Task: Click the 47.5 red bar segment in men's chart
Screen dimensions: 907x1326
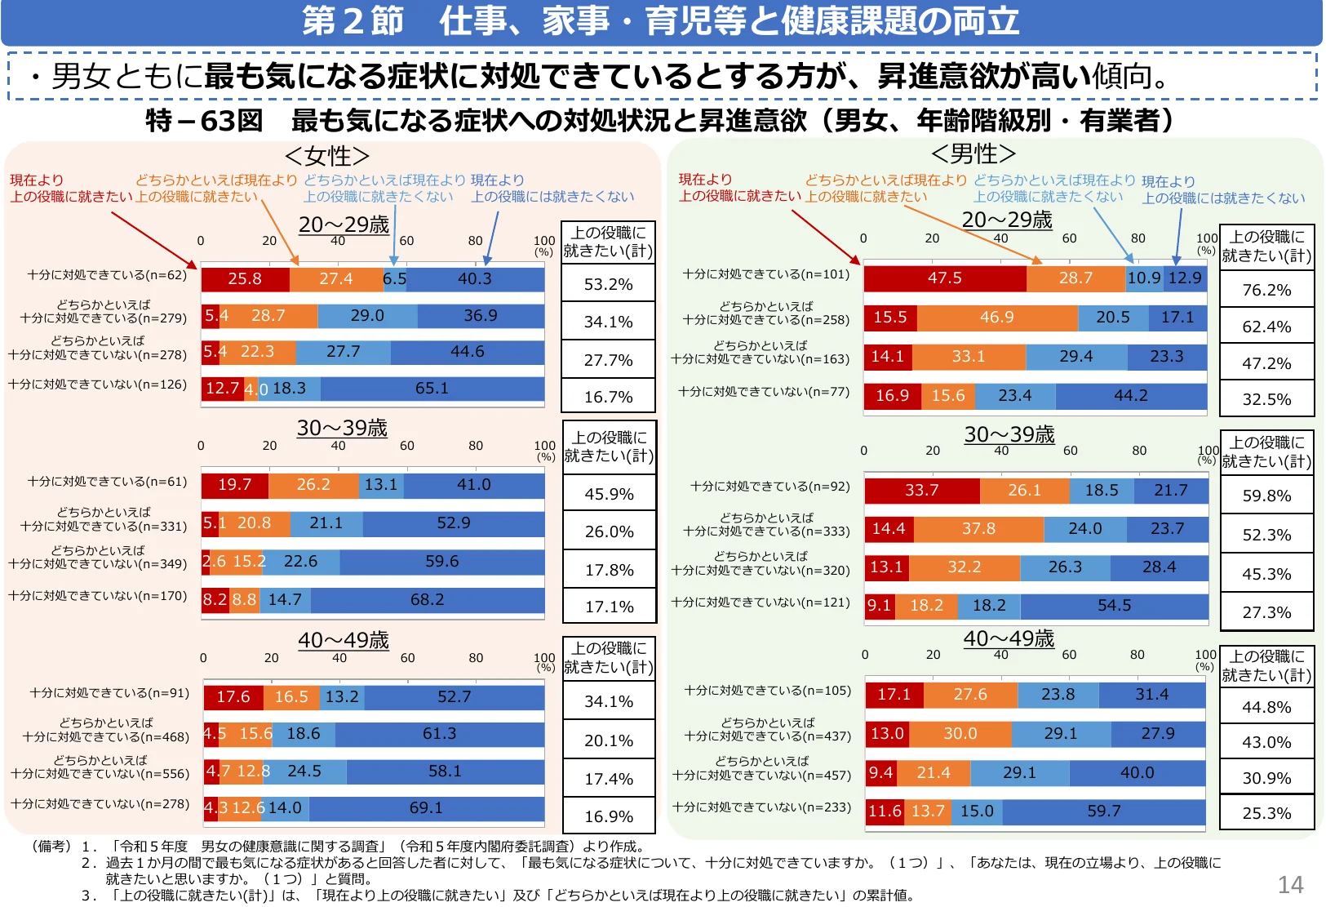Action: [944, 278]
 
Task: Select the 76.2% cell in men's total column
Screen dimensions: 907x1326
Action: [1266, 290]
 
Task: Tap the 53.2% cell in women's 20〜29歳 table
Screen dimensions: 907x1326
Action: [608, 284]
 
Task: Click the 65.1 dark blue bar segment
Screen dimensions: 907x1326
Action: [432, 389]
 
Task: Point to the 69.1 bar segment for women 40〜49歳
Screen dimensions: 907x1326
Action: [426, 808]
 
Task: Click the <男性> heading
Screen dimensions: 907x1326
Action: [973, 153]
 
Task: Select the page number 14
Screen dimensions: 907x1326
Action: [1290, 885]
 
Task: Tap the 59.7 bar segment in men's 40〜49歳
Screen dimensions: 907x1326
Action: [1103, 811]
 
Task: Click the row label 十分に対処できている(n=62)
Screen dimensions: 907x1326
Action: [107, 275]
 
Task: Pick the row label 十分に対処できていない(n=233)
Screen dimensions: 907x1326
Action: [761, 807]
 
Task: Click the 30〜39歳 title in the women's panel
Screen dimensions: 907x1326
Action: [342, 429]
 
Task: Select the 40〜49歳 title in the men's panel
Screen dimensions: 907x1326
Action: [1009, 639]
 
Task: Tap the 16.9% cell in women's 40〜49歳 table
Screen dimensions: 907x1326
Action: [609, 816]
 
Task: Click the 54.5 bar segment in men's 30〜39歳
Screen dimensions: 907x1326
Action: [1114, 606]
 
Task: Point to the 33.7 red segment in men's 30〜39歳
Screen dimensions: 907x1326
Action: [921, 491]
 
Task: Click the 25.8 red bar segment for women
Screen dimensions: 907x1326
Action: [245, 279]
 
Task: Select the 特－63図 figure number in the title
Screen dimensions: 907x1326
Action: [204, 121]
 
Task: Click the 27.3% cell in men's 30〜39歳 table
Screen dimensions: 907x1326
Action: [1266, 612]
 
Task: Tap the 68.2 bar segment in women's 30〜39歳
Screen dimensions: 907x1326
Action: [427, 600]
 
